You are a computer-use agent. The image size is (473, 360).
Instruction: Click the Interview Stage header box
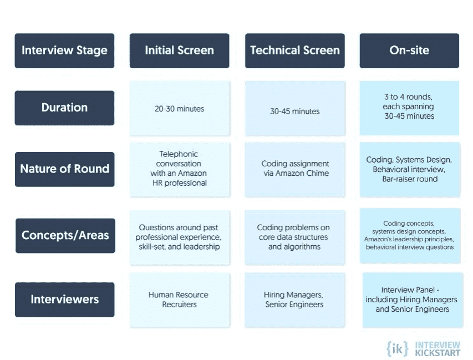64,50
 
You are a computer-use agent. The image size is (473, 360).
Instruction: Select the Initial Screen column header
180,50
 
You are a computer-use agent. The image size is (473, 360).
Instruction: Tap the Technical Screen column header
294,50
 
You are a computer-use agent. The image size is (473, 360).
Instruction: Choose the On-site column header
409,50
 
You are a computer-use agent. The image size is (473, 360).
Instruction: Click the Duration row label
64,108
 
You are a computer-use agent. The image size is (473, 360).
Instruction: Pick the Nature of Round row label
64,169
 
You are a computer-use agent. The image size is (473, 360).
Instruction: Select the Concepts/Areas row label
65,236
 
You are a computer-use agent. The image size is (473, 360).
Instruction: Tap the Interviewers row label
64,300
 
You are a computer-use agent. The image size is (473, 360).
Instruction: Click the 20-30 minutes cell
180,108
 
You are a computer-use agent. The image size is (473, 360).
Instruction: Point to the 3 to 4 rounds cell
409,108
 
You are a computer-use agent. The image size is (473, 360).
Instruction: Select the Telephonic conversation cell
180,170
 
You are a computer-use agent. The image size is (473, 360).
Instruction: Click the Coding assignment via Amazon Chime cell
295,170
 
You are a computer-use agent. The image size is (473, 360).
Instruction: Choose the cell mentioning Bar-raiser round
410,170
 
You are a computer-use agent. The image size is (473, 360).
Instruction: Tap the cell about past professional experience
180,237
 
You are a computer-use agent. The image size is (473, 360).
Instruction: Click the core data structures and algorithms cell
295,237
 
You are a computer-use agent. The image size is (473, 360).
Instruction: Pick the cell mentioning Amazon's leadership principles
410,236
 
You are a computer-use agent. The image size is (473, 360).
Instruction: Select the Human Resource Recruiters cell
180,300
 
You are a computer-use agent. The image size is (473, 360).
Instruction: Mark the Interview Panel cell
413,300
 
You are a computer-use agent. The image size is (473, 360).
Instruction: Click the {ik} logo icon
398,349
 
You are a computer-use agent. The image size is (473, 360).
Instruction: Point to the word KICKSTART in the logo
438,353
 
